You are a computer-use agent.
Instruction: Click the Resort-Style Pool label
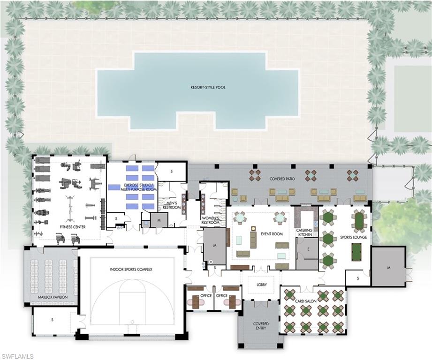tap(208, 87)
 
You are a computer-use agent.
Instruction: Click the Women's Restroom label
tap(210, 220)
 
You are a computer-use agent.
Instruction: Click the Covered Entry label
tap(261, 326)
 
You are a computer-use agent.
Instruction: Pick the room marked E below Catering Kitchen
tap(307, 250)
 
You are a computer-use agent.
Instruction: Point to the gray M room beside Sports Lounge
tap(388, 267)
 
